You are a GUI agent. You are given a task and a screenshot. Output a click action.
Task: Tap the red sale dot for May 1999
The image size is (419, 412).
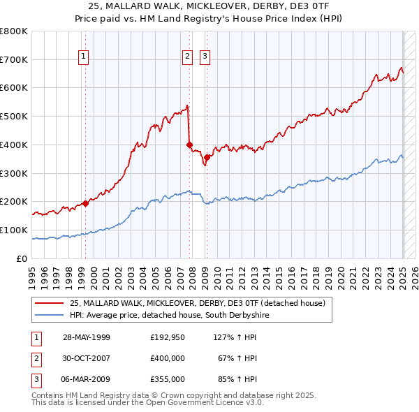tap(86, 203)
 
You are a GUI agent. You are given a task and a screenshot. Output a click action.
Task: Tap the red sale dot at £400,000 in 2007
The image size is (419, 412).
tap(190, 145)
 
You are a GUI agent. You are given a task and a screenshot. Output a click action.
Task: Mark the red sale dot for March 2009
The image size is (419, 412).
tap(207, 157)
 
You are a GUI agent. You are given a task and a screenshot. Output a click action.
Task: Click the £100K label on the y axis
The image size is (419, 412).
tap(14, 230)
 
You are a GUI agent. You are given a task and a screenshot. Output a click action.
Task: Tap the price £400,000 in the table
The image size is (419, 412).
tap(168, 358)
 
